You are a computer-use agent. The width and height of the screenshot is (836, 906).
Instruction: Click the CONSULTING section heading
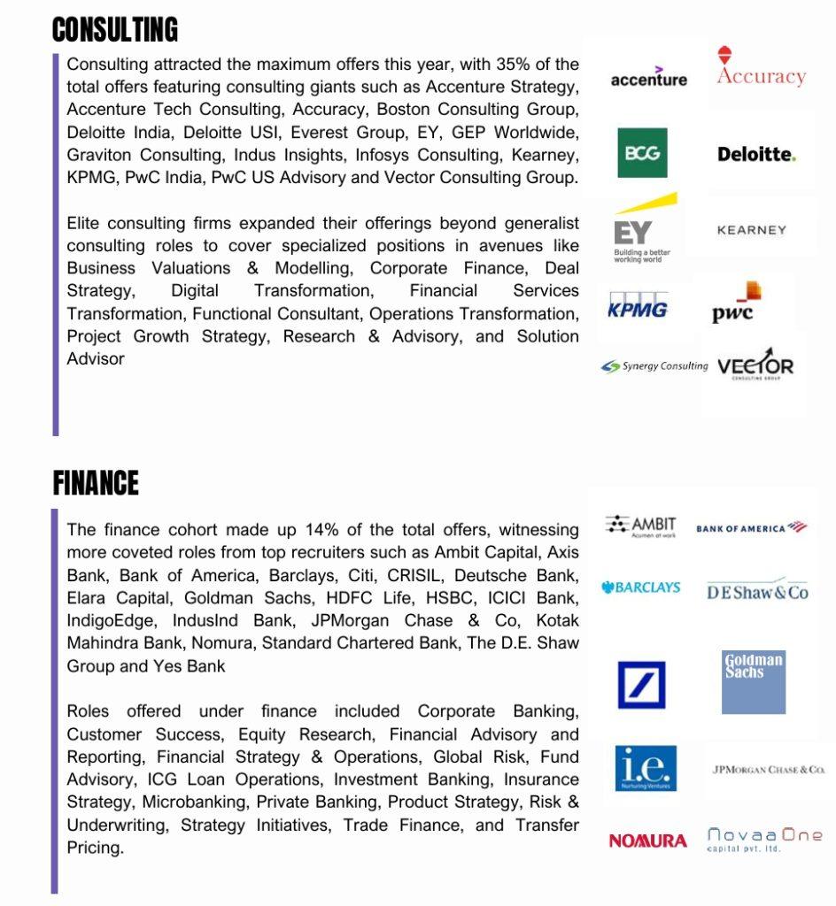(115, 30)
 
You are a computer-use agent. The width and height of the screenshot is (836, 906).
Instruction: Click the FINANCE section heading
(96, 483)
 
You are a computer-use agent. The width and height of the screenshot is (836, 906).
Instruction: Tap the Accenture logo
(648, 78)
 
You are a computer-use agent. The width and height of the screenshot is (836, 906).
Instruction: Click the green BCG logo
(642, 153)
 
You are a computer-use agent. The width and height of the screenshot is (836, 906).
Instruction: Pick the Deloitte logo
(756, 154)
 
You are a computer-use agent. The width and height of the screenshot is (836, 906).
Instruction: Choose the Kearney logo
(752, 230)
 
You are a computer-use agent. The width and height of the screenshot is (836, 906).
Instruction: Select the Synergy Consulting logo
(654, 366)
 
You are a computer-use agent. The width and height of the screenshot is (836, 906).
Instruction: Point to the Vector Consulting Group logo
(755, 365)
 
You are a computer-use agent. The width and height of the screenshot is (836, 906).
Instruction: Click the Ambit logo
(640, 526)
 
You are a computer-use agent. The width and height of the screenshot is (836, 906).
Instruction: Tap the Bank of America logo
(751, 528)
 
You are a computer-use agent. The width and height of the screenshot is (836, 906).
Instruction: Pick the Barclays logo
(641, 587)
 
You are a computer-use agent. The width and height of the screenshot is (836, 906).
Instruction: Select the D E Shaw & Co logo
(757, 593)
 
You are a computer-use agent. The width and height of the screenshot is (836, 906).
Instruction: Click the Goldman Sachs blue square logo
(754, 682)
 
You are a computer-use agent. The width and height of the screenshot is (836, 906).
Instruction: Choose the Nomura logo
(647, 841)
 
